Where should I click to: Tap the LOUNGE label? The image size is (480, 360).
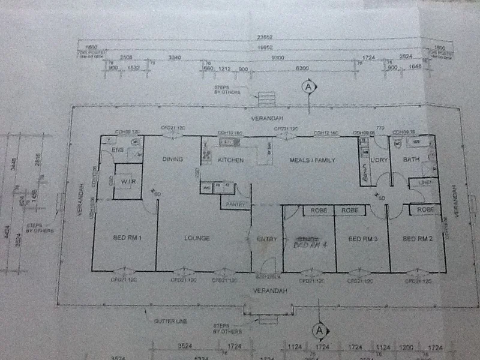(x=197, y=239)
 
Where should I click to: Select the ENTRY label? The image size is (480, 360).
(x=266, y=239)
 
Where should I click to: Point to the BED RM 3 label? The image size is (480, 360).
(x=362, y=239)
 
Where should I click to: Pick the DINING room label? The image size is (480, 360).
(x=172, y=159)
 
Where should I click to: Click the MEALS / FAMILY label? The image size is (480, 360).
(x=312, y=160)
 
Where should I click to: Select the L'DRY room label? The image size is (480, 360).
(x=379, y=160)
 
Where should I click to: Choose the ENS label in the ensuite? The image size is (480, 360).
(x=118, y=150)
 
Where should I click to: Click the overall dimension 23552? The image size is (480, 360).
(x=264, y=37)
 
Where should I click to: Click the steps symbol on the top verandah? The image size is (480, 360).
(x=266, y=98)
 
